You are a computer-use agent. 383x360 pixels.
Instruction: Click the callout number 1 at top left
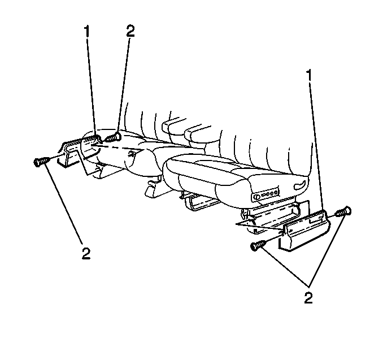(x=86, y=32)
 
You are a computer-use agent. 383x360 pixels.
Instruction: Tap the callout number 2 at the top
(x=130, y=32)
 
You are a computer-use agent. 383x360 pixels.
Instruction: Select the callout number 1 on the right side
(x=309, y=75)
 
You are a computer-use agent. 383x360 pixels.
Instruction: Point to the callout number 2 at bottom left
(x=86, y=254)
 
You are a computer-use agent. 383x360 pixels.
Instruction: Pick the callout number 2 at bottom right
(x=308, y=297)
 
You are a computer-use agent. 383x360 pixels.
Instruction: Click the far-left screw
(x=40, y=162)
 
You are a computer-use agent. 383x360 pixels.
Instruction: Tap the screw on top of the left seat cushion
(x=113, y=137)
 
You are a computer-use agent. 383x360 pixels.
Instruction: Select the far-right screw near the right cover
(x=344, y=211)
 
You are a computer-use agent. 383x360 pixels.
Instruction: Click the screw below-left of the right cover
(x=258, y=245)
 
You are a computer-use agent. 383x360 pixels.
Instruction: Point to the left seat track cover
(x=78, y=151)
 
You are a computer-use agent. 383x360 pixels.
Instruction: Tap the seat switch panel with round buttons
(x=265, y=194)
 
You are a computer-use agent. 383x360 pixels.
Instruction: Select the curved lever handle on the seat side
(x=301, y=186)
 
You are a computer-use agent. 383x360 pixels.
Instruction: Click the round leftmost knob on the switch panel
(x=256, y=196)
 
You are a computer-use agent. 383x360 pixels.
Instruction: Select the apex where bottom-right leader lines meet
(x=308, y=287)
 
